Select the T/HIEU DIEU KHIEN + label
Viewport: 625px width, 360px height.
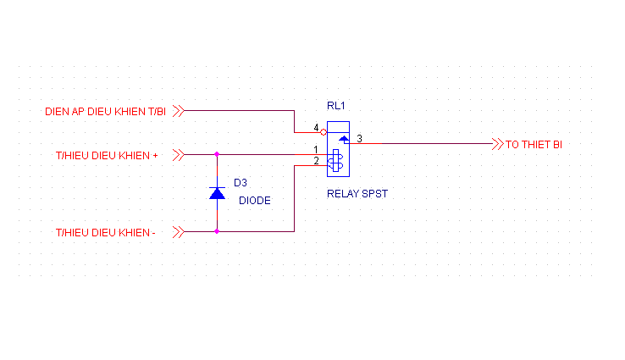pyautogui.click(x=107, y=155)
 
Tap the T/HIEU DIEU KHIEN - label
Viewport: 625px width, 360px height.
pyautogui.click(x=105, y=231)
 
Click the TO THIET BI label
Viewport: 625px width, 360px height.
pyautogui.click(x=534, y=145)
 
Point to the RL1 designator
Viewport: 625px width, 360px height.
pyautogui.click(x=336, y=106)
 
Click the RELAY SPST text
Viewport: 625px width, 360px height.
pyautogui.click(x=357, y=194)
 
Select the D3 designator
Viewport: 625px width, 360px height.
pyautogui.click(x=241, y=181)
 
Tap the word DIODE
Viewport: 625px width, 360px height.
pyautogui.click(x=253, y=201)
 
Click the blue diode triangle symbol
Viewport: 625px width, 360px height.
pyautogui.click(x=217, y=194)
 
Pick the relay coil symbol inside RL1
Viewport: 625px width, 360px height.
pyautogui.click(x=336, y=161)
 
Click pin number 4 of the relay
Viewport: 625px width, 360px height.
pyautogui.click(x=316, y=128)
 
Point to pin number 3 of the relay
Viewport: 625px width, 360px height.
pyautogui.click(x=359, y=138)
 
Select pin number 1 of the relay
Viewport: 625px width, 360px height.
pyautogui.click(x=316, y=150)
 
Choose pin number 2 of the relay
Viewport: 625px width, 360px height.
pyautogui.click(x=316, y=161)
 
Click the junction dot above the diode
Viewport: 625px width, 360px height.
pyautogui.click(x=217, y=154)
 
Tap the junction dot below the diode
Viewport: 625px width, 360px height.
pyautogui.click(x=217, y=230)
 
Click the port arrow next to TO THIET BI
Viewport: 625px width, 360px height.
pyautogui.click(x=497, y=144)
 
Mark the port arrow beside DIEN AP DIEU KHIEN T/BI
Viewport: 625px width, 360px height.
pyautogui.click(x=178, y=110)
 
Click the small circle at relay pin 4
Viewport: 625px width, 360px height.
pyautogui.click(x=324, y=132)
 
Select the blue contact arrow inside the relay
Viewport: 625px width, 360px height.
pyautogui.click(x=343, y=136)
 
